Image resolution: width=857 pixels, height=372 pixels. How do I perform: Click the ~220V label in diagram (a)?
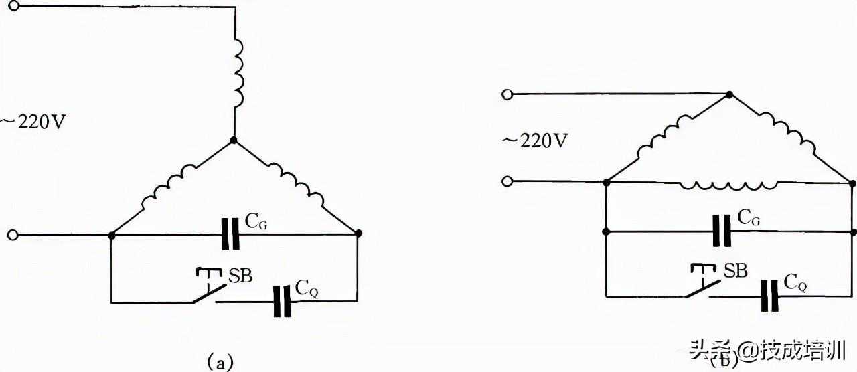pos(33,122)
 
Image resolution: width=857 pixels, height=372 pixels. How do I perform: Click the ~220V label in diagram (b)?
pos(535,141)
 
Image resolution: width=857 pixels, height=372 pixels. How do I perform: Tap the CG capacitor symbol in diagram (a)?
pos(230,234)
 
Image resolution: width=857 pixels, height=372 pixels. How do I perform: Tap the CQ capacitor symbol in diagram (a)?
pos(283,301)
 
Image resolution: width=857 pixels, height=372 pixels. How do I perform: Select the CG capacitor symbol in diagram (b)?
pos(722,231)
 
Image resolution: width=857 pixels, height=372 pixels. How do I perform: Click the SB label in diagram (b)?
pos(735,270)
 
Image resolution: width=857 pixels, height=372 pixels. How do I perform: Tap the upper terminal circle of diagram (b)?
pos(508,94)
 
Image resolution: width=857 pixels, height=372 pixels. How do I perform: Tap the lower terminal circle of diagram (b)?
pos(508,181)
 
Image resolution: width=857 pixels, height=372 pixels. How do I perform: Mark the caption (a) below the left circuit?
pos(220,361)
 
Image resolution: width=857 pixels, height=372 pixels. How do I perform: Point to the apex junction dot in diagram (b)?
pos(729,94)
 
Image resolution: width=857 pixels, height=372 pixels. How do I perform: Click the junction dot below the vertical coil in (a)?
pos(234,141)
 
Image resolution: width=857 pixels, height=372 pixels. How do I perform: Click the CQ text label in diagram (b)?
pos(795,282)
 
